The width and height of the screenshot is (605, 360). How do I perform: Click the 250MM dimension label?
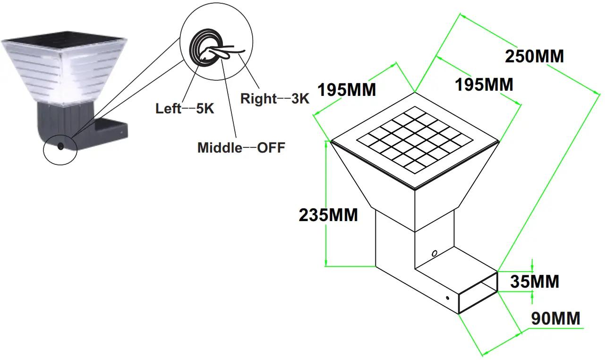[x=534, y=56]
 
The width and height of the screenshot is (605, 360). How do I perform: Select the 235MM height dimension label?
[x=328, y=215]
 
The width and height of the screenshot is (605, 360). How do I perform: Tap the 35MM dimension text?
[x=534, y=282]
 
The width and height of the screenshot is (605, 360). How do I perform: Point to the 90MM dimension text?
[x=555, y=318]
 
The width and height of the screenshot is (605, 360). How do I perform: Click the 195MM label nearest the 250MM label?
[x=484, y=85]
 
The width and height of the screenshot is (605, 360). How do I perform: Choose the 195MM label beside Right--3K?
[x=347, y=89]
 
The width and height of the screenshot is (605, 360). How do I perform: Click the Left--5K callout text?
[x=185, y=109]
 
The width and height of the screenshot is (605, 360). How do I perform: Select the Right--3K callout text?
[x=274, y=99]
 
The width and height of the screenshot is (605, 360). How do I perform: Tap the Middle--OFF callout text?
[x=241, y=148]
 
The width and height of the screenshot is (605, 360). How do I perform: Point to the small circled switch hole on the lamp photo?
[x=60, y=146]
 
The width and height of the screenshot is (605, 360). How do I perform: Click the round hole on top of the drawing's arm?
[x=435, y=253]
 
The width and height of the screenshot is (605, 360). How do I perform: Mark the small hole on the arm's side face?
[x=447, y=298]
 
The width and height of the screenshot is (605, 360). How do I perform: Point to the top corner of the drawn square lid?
[x=415, y=93]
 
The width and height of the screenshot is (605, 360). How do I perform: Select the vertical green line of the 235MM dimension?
[x=325, y=203]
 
